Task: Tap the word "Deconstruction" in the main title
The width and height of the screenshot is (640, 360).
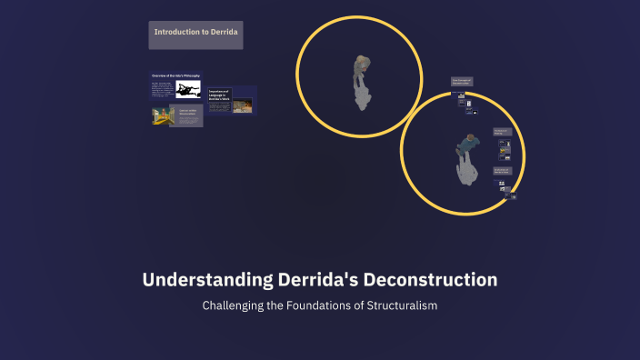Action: point(430,280)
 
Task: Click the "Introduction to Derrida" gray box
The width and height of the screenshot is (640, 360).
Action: point(195,35)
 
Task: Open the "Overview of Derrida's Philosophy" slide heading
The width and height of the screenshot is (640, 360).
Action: point(175,75)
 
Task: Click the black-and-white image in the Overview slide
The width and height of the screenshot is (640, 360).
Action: point(188,90)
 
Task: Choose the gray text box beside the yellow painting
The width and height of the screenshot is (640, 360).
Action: point(188,114)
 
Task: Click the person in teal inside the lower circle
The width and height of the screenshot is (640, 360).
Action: point(467,142)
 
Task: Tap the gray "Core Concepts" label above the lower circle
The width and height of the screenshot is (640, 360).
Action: point(462,83)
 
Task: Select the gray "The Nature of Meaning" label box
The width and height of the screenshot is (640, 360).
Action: point(502,134)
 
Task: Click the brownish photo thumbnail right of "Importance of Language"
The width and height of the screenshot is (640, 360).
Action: point(243,105)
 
